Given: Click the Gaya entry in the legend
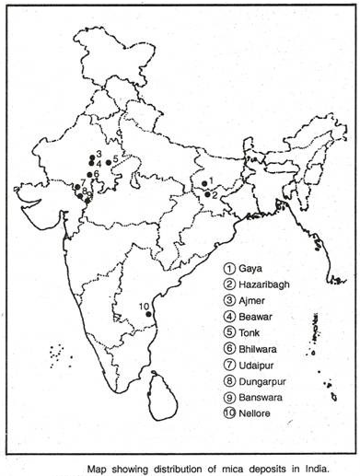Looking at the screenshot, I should [250, 268].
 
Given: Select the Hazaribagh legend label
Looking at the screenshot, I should [264, 284].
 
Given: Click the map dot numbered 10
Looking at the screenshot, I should [148, 315].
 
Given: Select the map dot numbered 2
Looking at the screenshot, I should [204, 193].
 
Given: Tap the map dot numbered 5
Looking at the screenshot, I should [108, 162].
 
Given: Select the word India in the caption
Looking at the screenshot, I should [308, 467].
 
